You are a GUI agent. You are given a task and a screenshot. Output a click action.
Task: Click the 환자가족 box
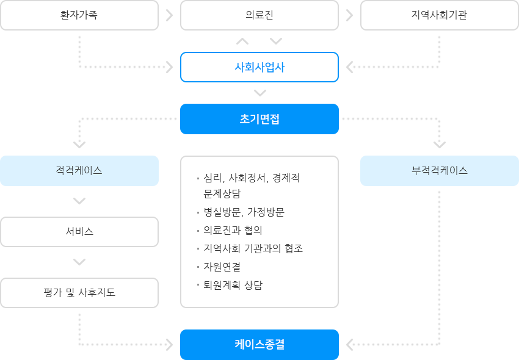pos(79,15)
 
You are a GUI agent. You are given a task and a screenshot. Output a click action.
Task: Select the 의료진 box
pos(259,15)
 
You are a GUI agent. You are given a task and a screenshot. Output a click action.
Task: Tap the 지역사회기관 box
pos(440,15)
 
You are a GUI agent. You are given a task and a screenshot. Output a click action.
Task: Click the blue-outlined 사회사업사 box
pos(259,67)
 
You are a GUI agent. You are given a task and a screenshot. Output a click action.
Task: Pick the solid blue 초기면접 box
pos(259,119)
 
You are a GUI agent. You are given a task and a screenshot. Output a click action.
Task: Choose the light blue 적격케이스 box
pos(79,171)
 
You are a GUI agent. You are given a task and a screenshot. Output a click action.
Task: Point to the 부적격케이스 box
pos(440,171)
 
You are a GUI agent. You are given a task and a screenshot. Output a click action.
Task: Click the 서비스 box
pos(79,232)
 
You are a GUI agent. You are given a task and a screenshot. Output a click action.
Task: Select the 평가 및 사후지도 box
pos(79,293)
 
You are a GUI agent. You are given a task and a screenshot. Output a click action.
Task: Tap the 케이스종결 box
pos(259,345)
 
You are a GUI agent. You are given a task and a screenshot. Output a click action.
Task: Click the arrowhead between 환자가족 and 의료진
pos(170,15)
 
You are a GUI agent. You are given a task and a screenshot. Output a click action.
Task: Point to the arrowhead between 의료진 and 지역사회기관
pos(349,15)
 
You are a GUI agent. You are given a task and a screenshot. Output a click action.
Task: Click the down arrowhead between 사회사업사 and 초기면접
pos(260,93)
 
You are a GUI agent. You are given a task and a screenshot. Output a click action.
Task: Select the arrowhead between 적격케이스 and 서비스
pos(79,201)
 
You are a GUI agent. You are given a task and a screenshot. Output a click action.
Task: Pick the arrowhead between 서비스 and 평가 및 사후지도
pos(79,262)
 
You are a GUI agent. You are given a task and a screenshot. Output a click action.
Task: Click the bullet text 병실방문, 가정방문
pos(244,212)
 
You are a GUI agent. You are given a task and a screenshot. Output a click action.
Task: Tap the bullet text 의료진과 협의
pos(233,230)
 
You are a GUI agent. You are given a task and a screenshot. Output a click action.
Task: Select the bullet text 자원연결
pos(222,267)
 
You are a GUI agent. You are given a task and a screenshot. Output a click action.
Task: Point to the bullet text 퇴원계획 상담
pos(233,285)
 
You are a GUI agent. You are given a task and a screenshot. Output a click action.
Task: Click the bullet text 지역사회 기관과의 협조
pos(253,248)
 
